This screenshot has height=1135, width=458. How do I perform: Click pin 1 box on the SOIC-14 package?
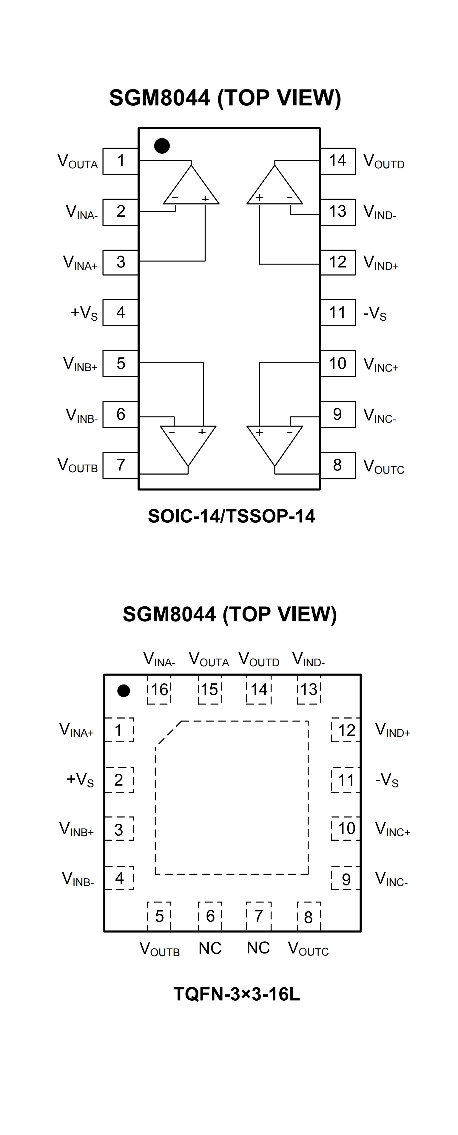pos(120,161)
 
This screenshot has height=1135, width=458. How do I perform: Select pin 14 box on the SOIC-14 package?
pos(337,161)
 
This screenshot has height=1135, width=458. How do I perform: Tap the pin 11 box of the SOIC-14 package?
pos(337,312)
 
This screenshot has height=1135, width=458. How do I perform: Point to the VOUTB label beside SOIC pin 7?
pos(78,466)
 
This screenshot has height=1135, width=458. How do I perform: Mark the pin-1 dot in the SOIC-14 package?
pos(162,146)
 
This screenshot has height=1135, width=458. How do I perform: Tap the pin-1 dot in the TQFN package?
pos(124,690)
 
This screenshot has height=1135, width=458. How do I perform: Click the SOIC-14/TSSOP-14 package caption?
pos(231,516)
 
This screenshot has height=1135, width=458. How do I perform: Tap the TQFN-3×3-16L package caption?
pos(237,994)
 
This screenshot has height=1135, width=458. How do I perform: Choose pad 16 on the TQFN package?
pos(159,690)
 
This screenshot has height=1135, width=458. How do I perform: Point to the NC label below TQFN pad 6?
pos(210,948)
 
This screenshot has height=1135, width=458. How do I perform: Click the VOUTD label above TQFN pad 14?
pos(259,659)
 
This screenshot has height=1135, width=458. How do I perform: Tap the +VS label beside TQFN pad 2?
pos(80,779)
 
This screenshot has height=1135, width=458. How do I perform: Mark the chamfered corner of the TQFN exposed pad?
pos(168,733)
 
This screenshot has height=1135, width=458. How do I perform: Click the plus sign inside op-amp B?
pos(202,432)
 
